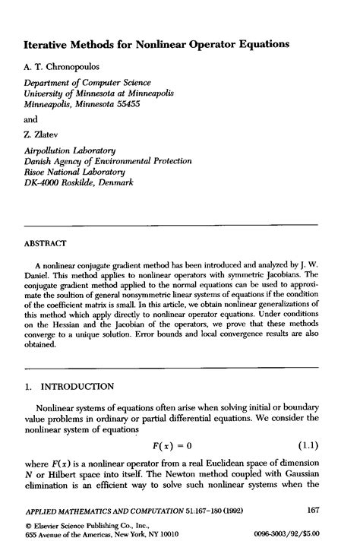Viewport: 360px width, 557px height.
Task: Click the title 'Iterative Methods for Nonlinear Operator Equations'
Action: [156, 45]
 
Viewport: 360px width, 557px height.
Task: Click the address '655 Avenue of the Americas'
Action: [68, 535]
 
